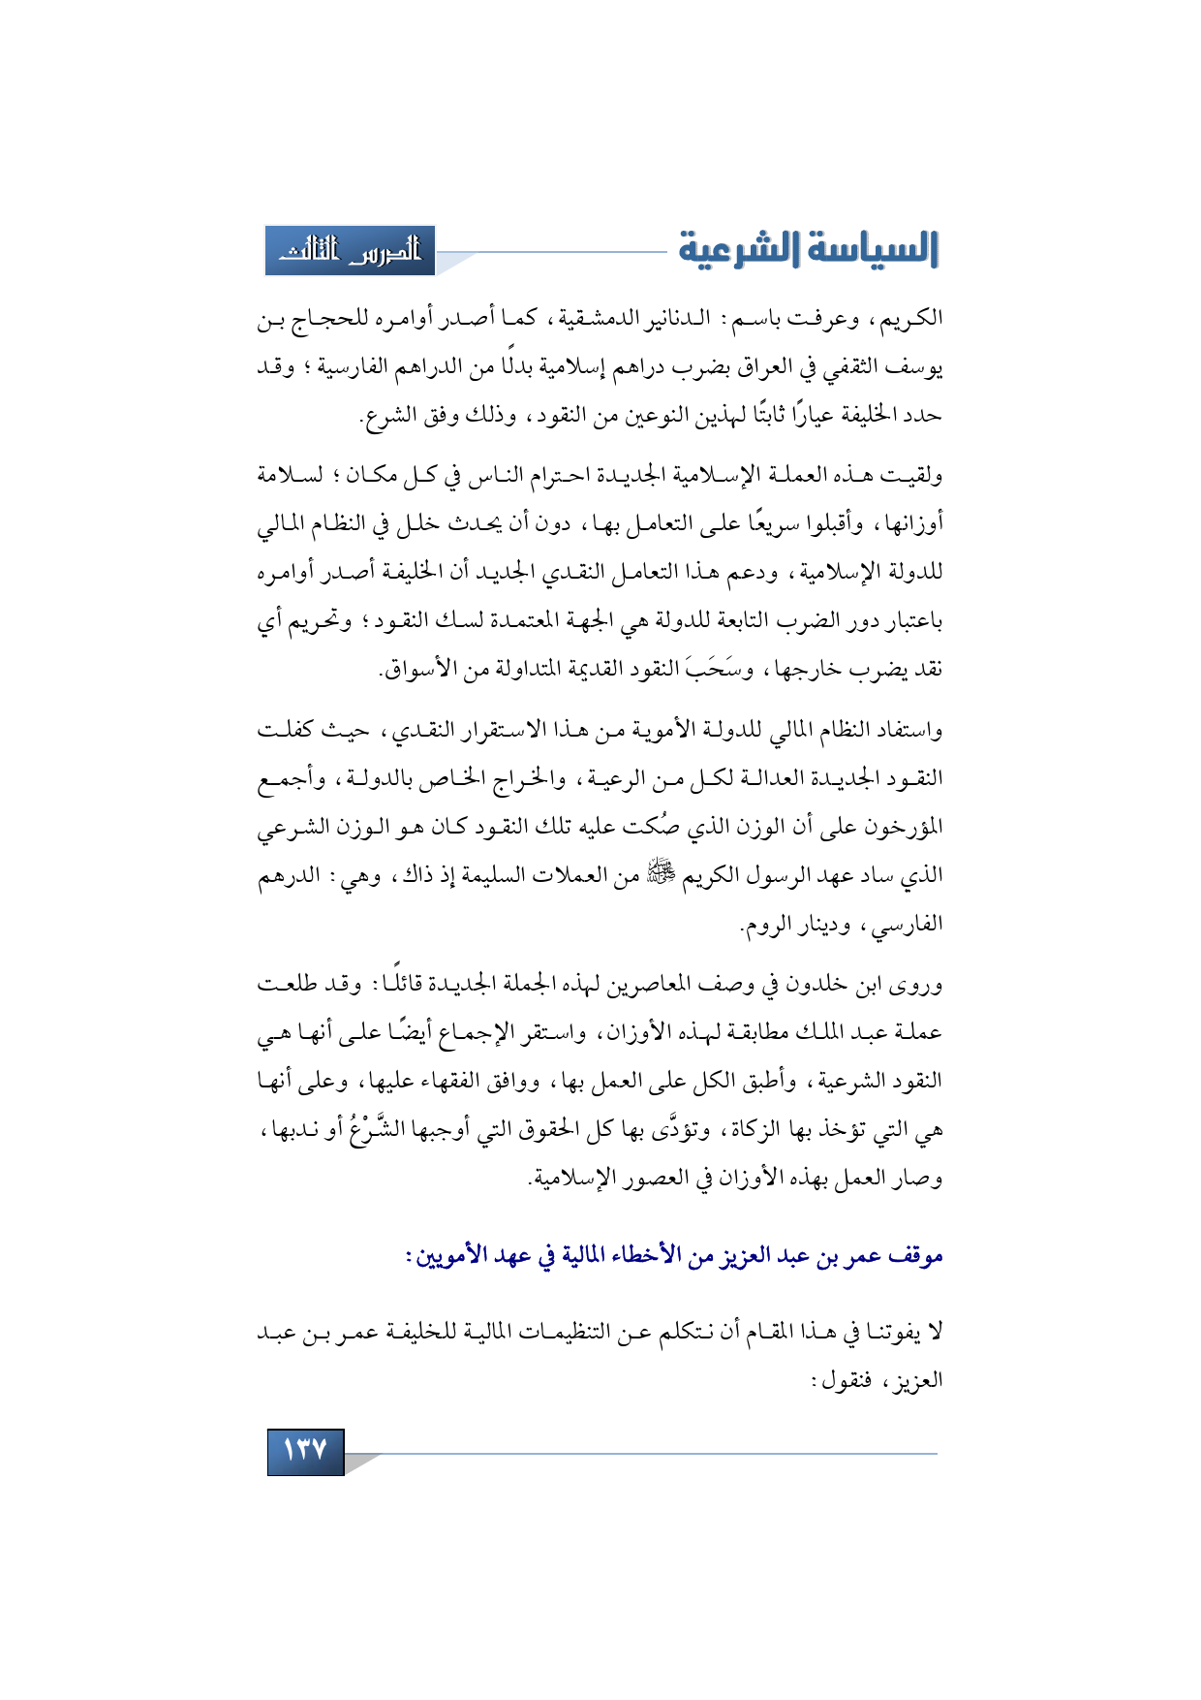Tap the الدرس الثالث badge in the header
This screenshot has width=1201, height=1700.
click(x=351, y=251)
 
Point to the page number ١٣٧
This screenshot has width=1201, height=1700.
click(x=305, y=1450)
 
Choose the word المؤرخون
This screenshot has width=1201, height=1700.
click(x=900, y=827)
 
